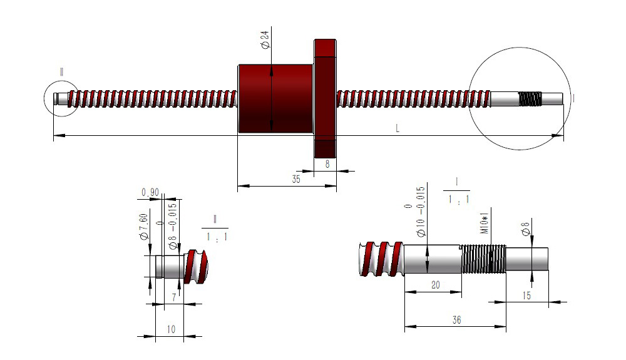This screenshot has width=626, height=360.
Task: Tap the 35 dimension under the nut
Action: [296, 179]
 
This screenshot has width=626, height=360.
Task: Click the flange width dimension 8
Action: [326, 163]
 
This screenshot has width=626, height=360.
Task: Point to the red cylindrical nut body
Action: [275, 98]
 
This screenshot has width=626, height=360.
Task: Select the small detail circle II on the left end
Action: [61, 99]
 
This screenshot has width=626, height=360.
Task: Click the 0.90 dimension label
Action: [150, 192]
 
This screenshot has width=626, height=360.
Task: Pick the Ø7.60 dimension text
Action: [144, 227]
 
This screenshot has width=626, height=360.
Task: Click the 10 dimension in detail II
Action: [171, 329]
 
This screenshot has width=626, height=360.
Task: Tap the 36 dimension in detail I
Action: [456, 319]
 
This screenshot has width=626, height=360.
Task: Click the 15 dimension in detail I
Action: [526, 295]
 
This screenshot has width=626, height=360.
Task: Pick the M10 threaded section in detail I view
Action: [483, 259]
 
